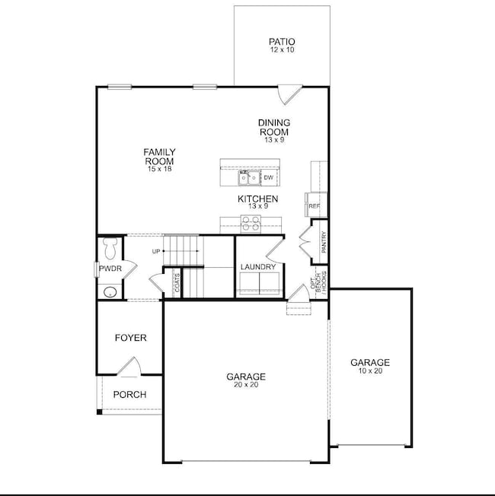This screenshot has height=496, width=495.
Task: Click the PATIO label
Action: pyautogui.click(x=282, y=41)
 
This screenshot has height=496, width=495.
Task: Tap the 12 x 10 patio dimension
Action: pyautogui.click(x=283, y=49)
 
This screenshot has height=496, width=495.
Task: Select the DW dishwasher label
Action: pyautogui.click(x=268, y=178)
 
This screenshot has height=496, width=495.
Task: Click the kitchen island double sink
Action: pyautogui.click(x=249, y=178)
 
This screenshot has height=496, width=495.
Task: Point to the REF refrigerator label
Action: pyautogui.click(x=315, y=206)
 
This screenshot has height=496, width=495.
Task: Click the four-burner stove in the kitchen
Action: pyautogui.click(x=251, y=224)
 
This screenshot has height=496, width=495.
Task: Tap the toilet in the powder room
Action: pyautogui.click(x=110, y=248)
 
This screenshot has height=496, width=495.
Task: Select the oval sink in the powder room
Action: pyautogui.click(x=110, y=292)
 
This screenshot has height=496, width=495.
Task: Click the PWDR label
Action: pyautogui.click(x=110, y=269)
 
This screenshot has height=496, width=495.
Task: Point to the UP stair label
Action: pyautogui.click(x=156, y=252)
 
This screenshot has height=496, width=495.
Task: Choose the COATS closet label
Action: pyautogui.click(x=177, y=283)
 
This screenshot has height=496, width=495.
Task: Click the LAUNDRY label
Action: pyautogui.click(x=258, y=267)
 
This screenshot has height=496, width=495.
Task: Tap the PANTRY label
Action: pyautogui.click(x=324, y=242)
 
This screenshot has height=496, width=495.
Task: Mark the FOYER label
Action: pyautogui.click(x=131, y=338)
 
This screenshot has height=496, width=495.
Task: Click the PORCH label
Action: pyautogui.click(x=130, y=395)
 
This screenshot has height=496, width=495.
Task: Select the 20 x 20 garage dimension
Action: pyautogui.click(x=246, y=385)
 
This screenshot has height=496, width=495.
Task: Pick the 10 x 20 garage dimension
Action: pyautogui.click(x=370, y=370)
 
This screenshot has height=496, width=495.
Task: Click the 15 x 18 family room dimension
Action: pyautogui.click(x=160, y=169)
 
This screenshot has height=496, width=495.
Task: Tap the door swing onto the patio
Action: pyautogui.click(x=289, y=94)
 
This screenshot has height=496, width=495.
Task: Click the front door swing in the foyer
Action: pyautogui.click(x=130, y=367)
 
